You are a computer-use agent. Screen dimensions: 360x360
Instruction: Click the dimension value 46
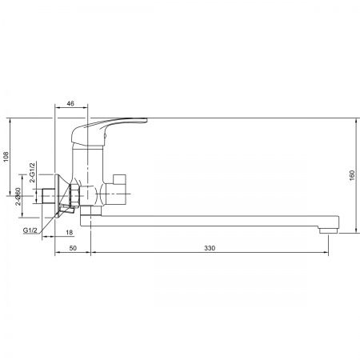click(70, 103)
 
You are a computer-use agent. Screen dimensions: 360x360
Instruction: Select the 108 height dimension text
click(6, 157)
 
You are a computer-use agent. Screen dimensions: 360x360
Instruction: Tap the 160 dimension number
click(352, 175)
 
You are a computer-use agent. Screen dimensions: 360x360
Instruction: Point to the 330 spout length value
click(210, 248)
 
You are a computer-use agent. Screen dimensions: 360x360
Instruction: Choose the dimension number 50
click(73, 248)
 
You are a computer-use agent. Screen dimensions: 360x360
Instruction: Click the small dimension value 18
click(70, 233)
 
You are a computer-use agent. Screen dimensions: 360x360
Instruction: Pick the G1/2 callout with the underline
click(30, 230)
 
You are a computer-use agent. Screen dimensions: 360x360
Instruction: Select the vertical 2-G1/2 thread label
click(32, 172)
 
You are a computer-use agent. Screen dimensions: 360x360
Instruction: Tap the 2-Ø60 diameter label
click(18, 196)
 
